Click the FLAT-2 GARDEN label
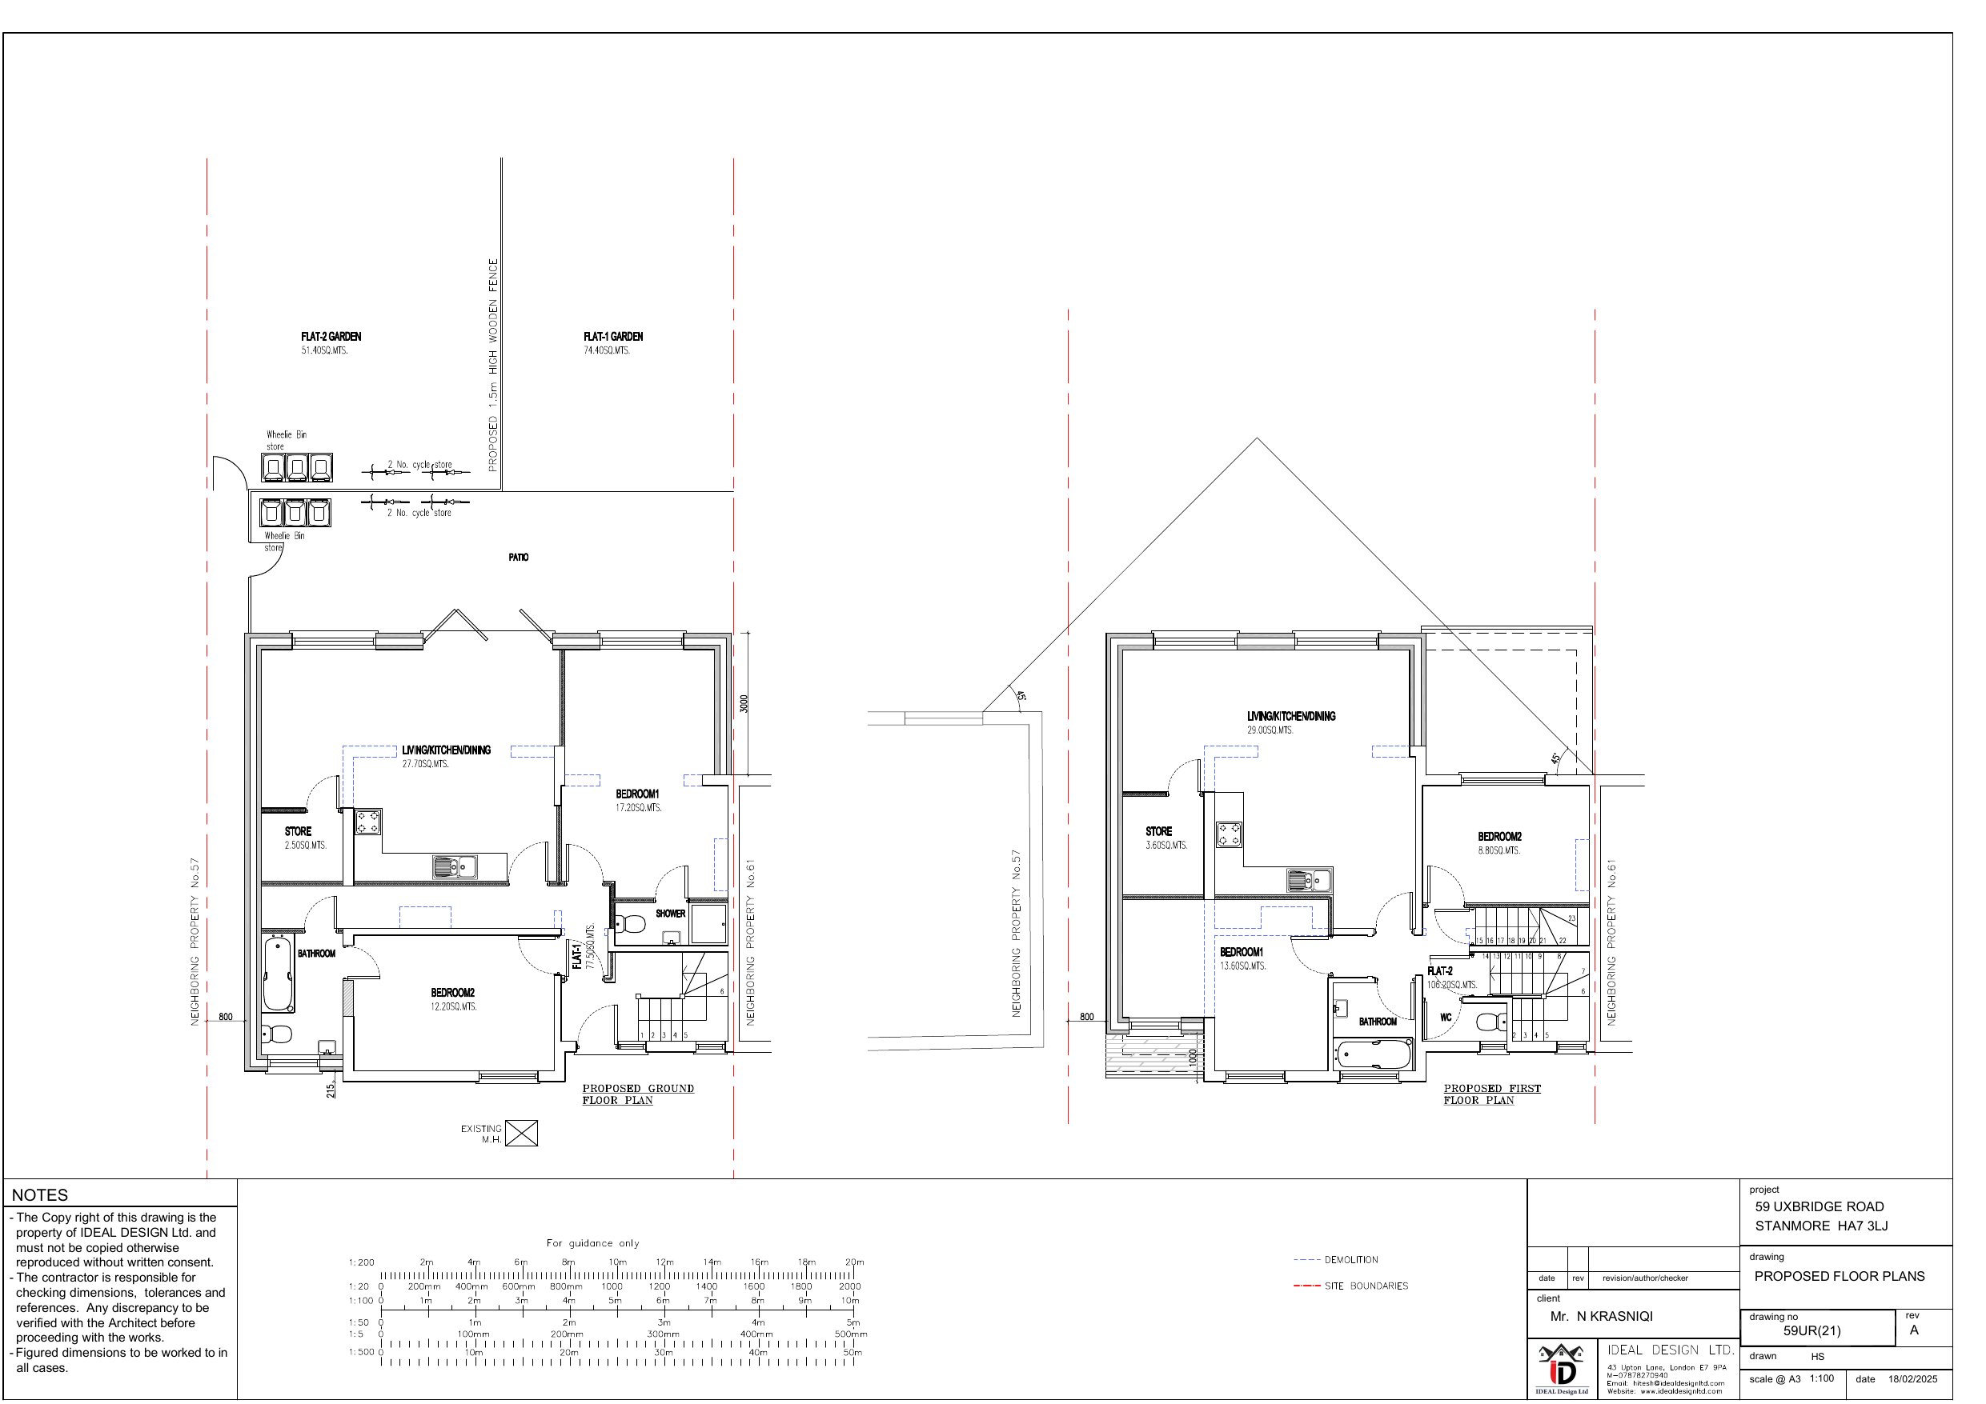331,337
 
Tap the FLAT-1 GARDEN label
612,337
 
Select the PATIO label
518,558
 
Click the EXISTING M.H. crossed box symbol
521,1133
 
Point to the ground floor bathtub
279,974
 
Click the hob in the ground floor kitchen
367,822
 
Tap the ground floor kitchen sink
455,866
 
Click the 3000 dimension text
744,704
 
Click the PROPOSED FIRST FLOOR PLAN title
1491,1094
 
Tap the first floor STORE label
1158,832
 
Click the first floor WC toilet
1488,1022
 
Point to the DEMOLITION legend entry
1350,1260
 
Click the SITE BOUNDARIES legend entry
1365,1286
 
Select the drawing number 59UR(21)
1811,1331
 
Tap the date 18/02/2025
1912,1379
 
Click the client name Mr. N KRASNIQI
1601,1317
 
